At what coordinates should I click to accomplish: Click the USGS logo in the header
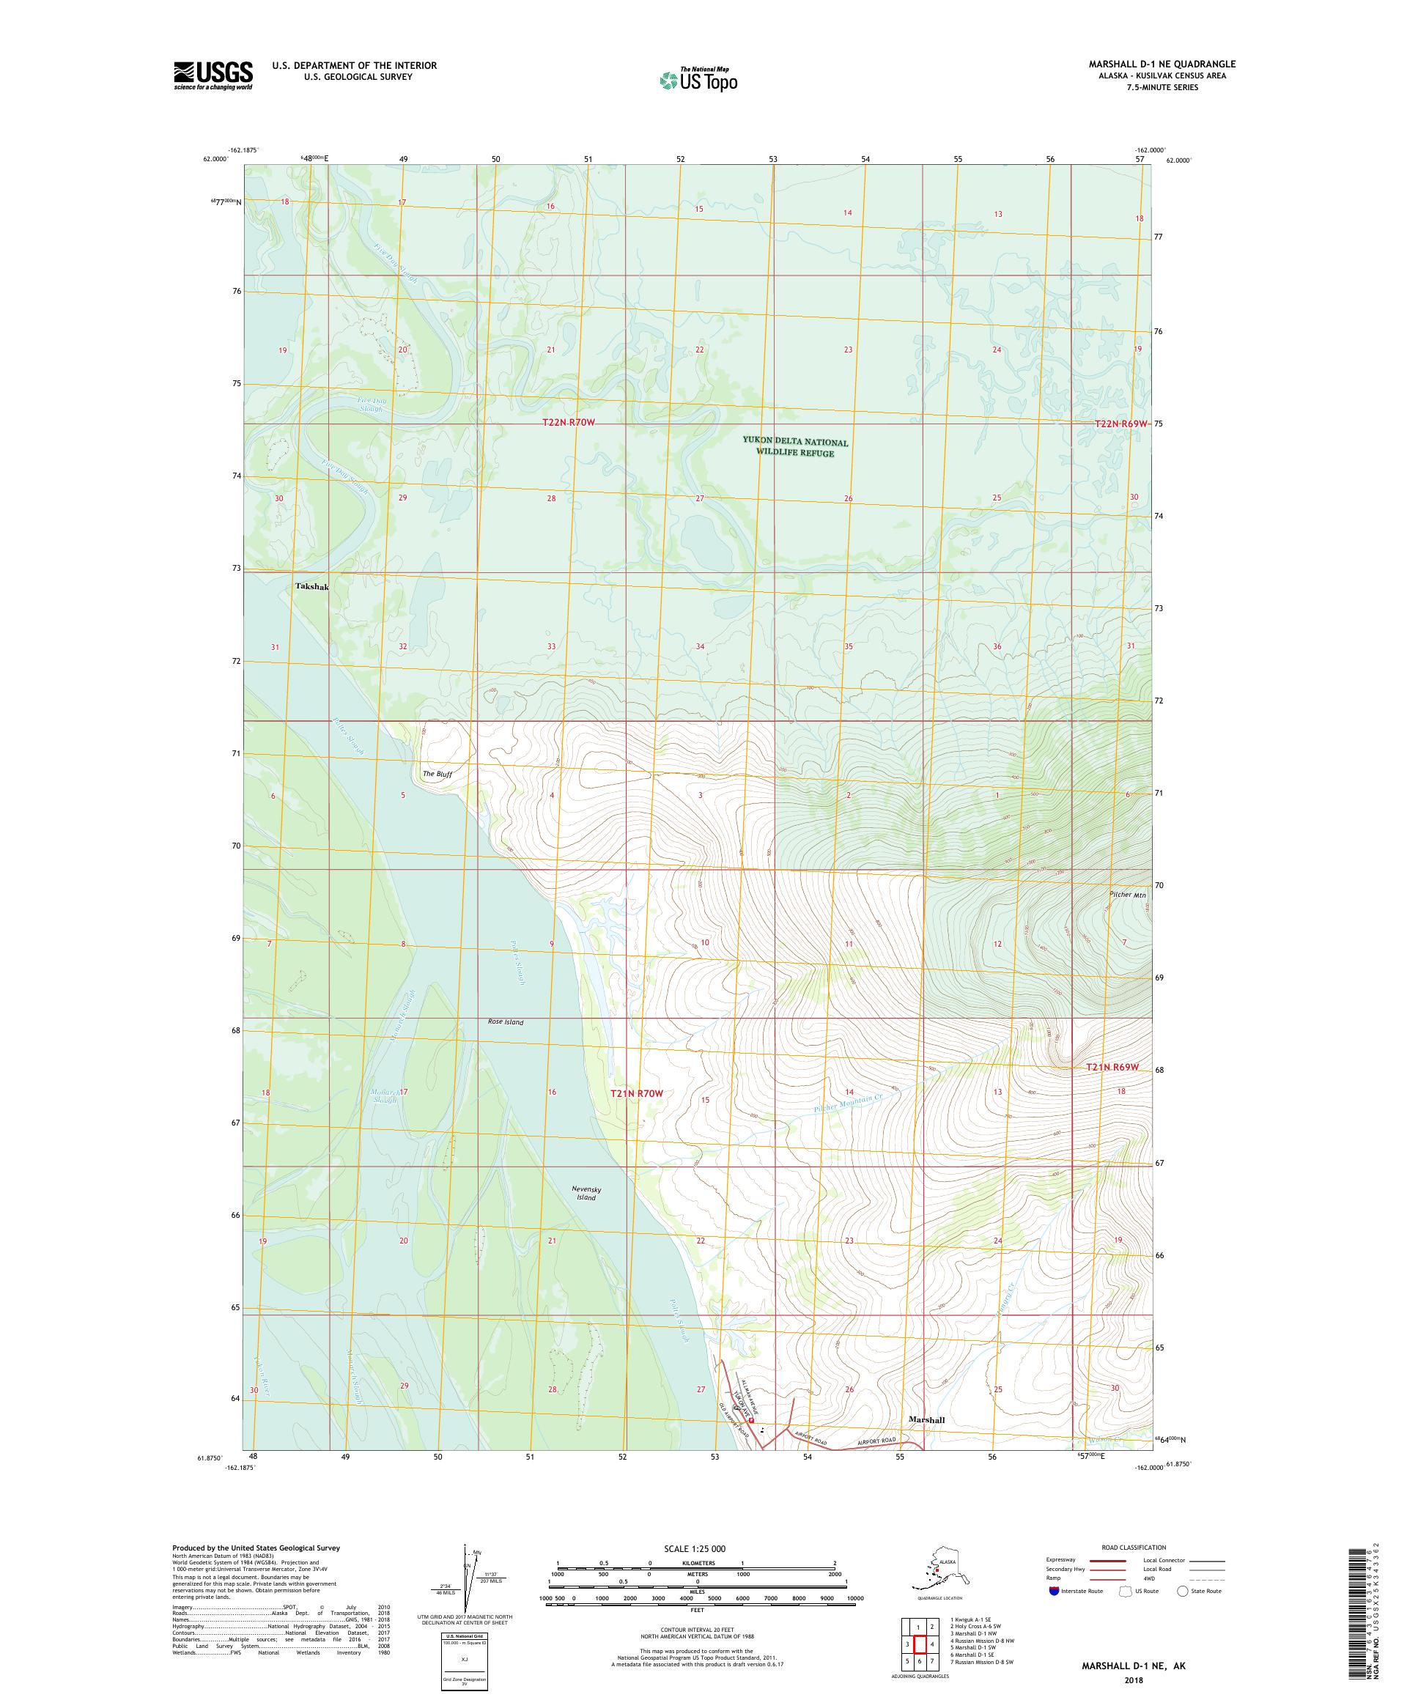[212, 75]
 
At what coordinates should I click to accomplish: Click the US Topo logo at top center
[698, 79]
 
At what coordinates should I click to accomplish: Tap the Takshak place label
[311, 586]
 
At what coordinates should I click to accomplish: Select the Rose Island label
[505, 1021]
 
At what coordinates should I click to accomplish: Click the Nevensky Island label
[586, 1192]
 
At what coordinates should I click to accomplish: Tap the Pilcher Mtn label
[1128, 895]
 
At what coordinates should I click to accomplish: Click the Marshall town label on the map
[926, 1419]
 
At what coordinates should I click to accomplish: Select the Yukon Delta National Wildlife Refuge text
[795, 447]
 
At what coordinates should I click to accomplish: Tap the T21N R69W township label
[1112, 1067]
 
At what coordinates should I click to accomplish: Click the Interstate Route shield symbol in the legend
[1053, 1590]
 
